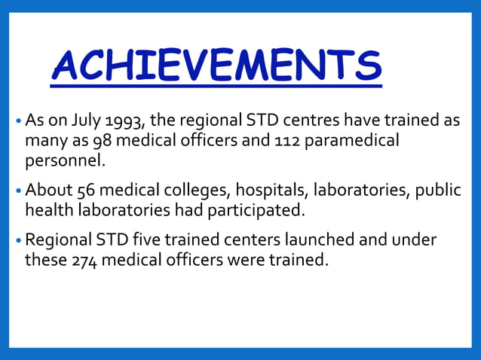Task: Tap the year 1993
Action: pos(126,121)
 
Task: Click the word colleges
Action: pos(194,190)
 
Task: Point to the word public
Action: pos(436,190)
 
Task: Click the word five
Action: pos(161,241)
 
